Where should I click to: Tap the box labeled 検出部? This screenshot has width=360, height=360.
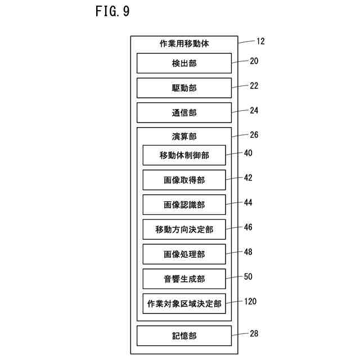point(184,63)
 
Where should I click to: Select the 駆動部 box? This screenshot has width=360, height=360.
point(184,88)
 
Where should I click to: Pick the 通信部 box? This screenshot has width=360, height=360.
point(184,112)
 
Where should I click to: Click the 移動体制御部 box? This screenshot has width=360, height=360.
point(184,155)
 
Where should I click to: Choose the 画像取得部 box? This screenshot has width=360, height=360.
point(184,180)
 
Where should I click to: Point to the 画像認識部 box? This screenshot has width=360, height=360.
point(184,205)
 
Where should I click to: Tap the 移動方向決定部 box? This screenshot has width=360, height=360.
point(184,229)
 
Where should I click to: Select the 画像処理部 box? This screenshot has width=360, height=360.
point(184,254)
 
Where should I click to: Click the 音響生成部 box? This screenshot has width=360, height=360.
point(184,279)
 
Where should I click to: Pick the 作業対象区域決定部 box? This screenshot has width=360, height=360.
point(184,304)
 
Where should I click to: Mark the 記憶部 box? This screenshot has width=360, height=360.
point(184,336)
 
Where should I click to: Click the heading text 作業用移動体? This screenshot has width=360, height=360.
point(184,44)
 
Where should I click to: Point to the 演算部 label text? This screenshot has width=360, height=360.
point(184,136)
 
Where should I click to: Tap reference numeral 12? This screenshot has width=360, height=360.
point(260,41)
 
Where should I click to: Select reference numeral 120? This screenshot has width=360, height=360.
point(250,301)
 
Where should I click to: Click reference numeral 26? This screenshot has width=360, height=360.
point(254,135)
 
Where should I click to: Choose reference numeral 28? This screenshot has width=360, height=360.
point(254,334)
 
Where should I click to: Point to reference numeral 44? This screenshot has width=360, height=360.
point(248,202)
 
